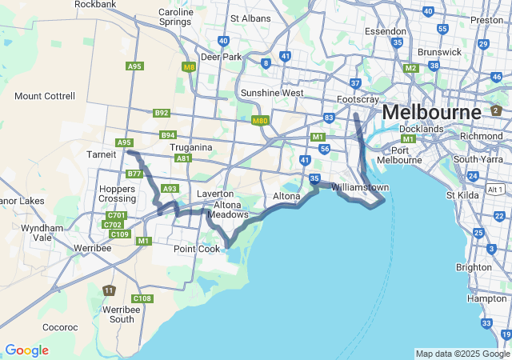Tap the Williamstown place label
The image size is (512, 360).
[360, 187]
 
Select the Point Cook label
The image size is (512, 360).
[197, 249]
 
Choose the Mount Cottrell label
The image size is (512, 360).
[45, 96]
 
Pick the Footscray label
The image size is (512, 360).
[358, 99]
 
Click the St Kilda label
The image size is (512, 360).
[462, 194]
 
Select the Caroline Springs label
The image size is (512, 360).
[175, 17]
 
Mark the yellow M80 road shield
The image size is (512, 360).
[259, 121]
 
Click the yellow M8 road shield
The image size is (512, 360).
[189, 67]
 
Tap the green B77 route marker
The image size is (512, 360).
[134, 174]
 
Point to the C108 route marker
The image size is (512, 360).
[142, 298]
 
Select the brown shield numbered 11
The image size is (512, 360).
[109, 290]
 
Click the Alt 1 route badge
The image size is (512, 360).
[495, 189]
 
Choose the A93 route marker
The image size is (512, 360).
[170, 189]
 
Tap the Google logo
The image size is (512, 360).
[26, 350]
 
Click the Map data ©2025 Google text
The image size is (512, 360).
[462, 354]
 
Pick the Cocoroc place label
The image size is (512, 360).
[60, 327]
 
